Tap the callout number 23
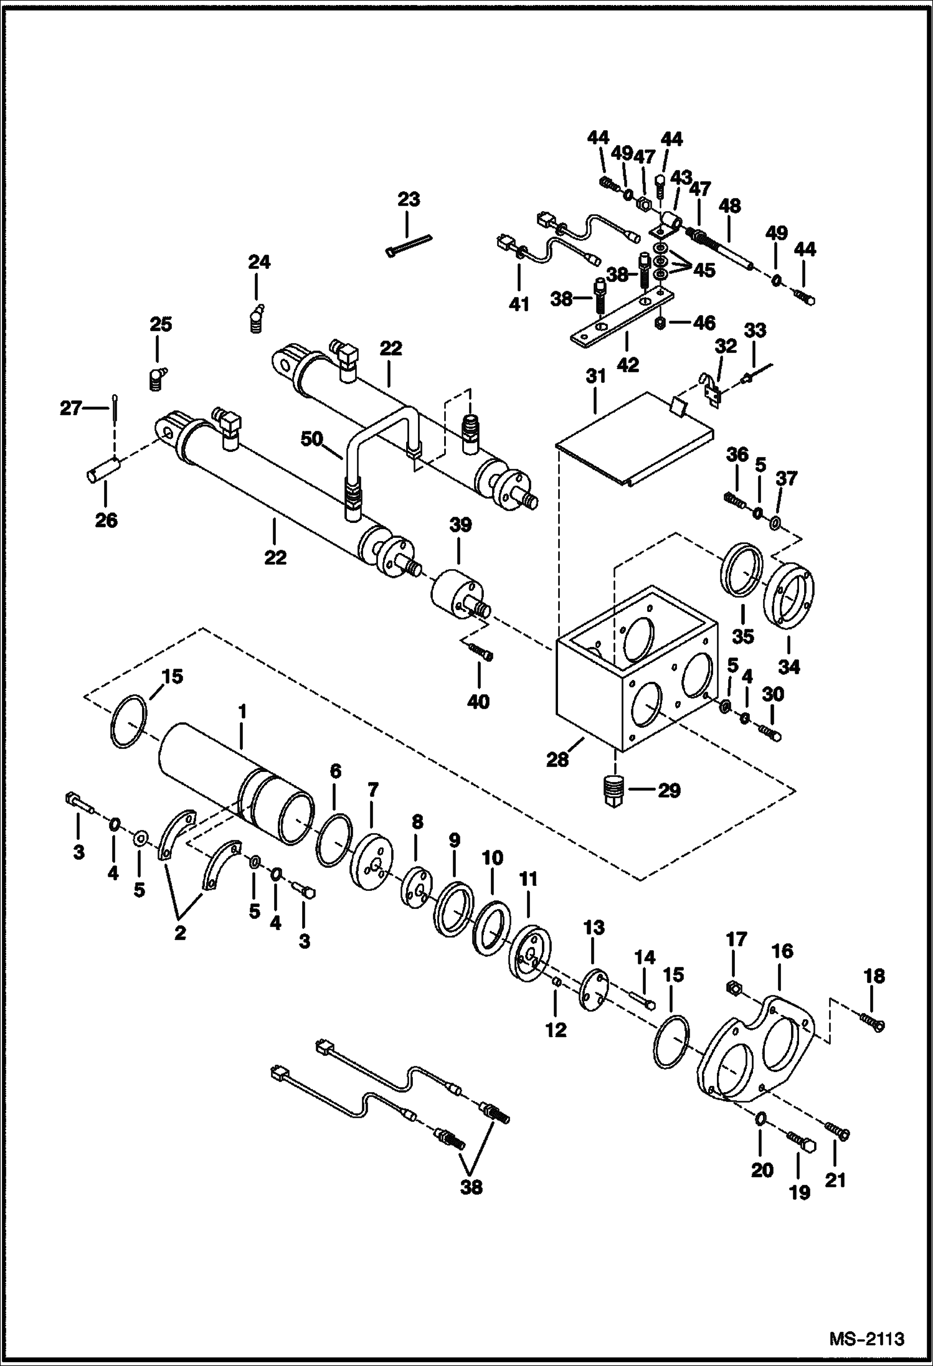409,200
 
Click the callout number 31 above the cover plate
595,377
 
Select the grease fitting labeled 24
256,318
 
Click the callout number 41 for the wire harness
519,305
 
